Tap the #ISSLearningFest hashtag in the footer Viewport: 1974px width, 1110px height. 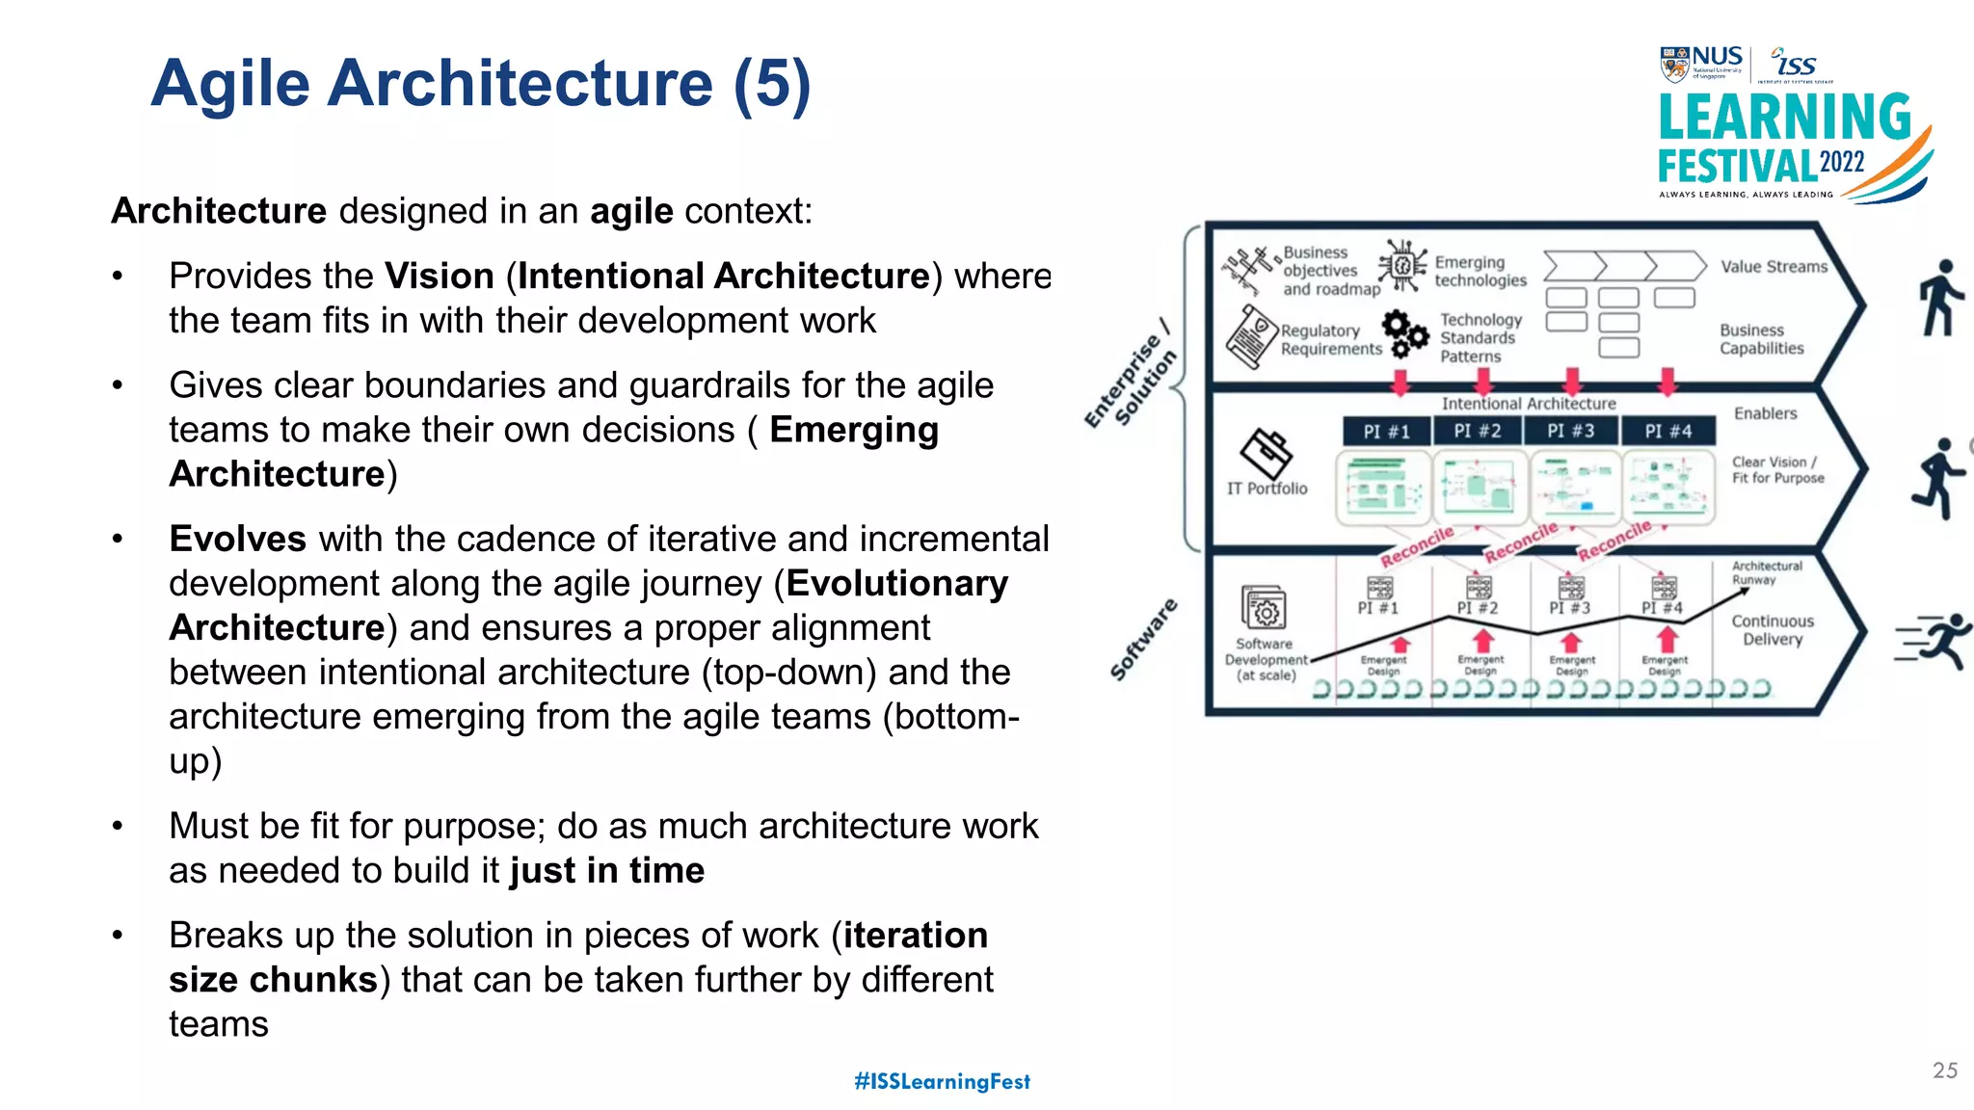pos(942,1081)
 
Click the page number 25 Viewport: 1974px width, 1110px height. pos(1944,1070)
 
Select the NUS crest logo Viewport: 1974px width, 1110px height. pos(1674,64)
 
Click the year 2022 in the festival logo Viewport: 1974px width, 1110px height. pos(1841,162)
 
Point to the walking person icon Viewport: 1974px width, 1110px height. pos(1939,298)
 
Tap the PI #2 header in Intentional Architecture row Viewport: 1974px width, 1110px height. pos(1478,431)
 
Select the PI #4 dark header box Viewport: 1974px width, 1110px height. pos(1667,431)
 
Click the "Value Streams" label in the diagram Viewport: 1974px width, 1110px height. pos(1774,267)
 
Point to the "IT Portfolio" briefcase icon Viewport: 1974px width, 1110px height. pos(1266,454)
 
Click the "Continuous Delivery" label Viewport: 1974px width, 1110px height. pos(1773,630)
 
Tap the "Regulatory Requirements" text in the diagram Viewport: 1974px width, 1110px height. pos(1330,339)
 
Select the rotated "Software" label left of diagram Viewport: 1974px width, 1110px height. pos(1143,640)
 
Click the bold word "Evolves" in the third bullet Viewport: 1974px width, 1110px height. pos(237,539)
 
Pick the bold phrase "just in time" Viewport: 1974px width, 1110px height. pos(607,870)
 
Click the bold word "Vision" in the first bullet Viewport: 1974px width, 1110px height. pos(440,277)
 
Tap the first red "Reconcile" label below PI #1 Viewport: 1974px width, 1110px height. pos(1416,546)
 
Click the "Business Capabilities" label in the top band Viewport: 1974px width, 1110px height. pos(1761,339)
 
